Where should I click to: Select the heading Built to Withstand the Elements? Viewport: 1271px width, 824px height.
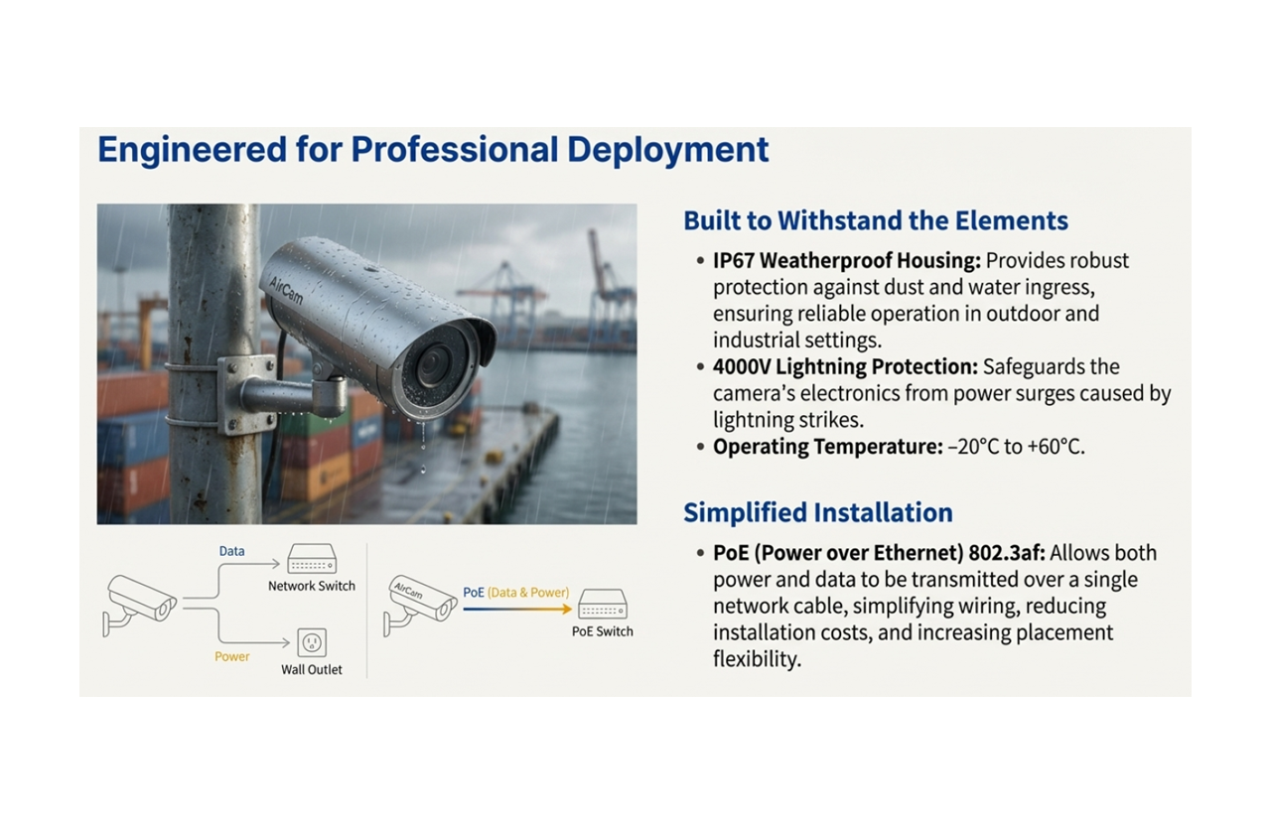pyautogui.click(x=876, y=220)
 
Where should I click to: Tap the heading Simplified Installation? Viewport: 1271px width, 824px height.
pyautogui.click(x=817, y=512)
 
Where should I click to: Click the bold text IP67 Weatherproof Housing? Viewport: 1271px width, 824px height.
pyautogui.click(x=846, y=261)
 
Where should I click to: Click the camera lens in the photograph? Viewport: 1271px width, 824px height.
pyautogui.click(x=433, y=365)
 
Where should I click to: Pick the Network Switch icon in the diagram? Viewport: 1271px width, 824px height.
pyautogui.click(x=311, y=560)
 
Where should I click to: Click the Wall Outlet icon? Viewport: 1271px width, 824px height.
pyautogui.click(x=312, y=643)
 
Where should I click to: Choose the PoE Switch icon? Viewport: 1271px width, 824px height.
pyautogui.click(x=602, y=605)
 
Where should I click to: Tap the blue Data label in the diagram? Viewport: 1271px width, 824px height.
pyautogui.click(x=231, y=551)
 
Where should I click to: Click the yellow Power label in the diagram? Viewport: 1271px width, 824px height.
pyautogui.click(x=232, y=656)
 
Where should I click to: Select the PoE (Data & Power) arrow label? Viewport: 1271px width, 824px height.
pyautogui.click(x=516, y=593)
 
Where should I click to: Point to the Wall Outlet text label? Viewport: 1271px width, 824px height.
pyautogui.click(x=311, y=670)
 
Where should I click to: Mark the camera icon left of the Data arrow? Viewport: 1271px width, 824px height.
pyautogui.click(x=139, y=602)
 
